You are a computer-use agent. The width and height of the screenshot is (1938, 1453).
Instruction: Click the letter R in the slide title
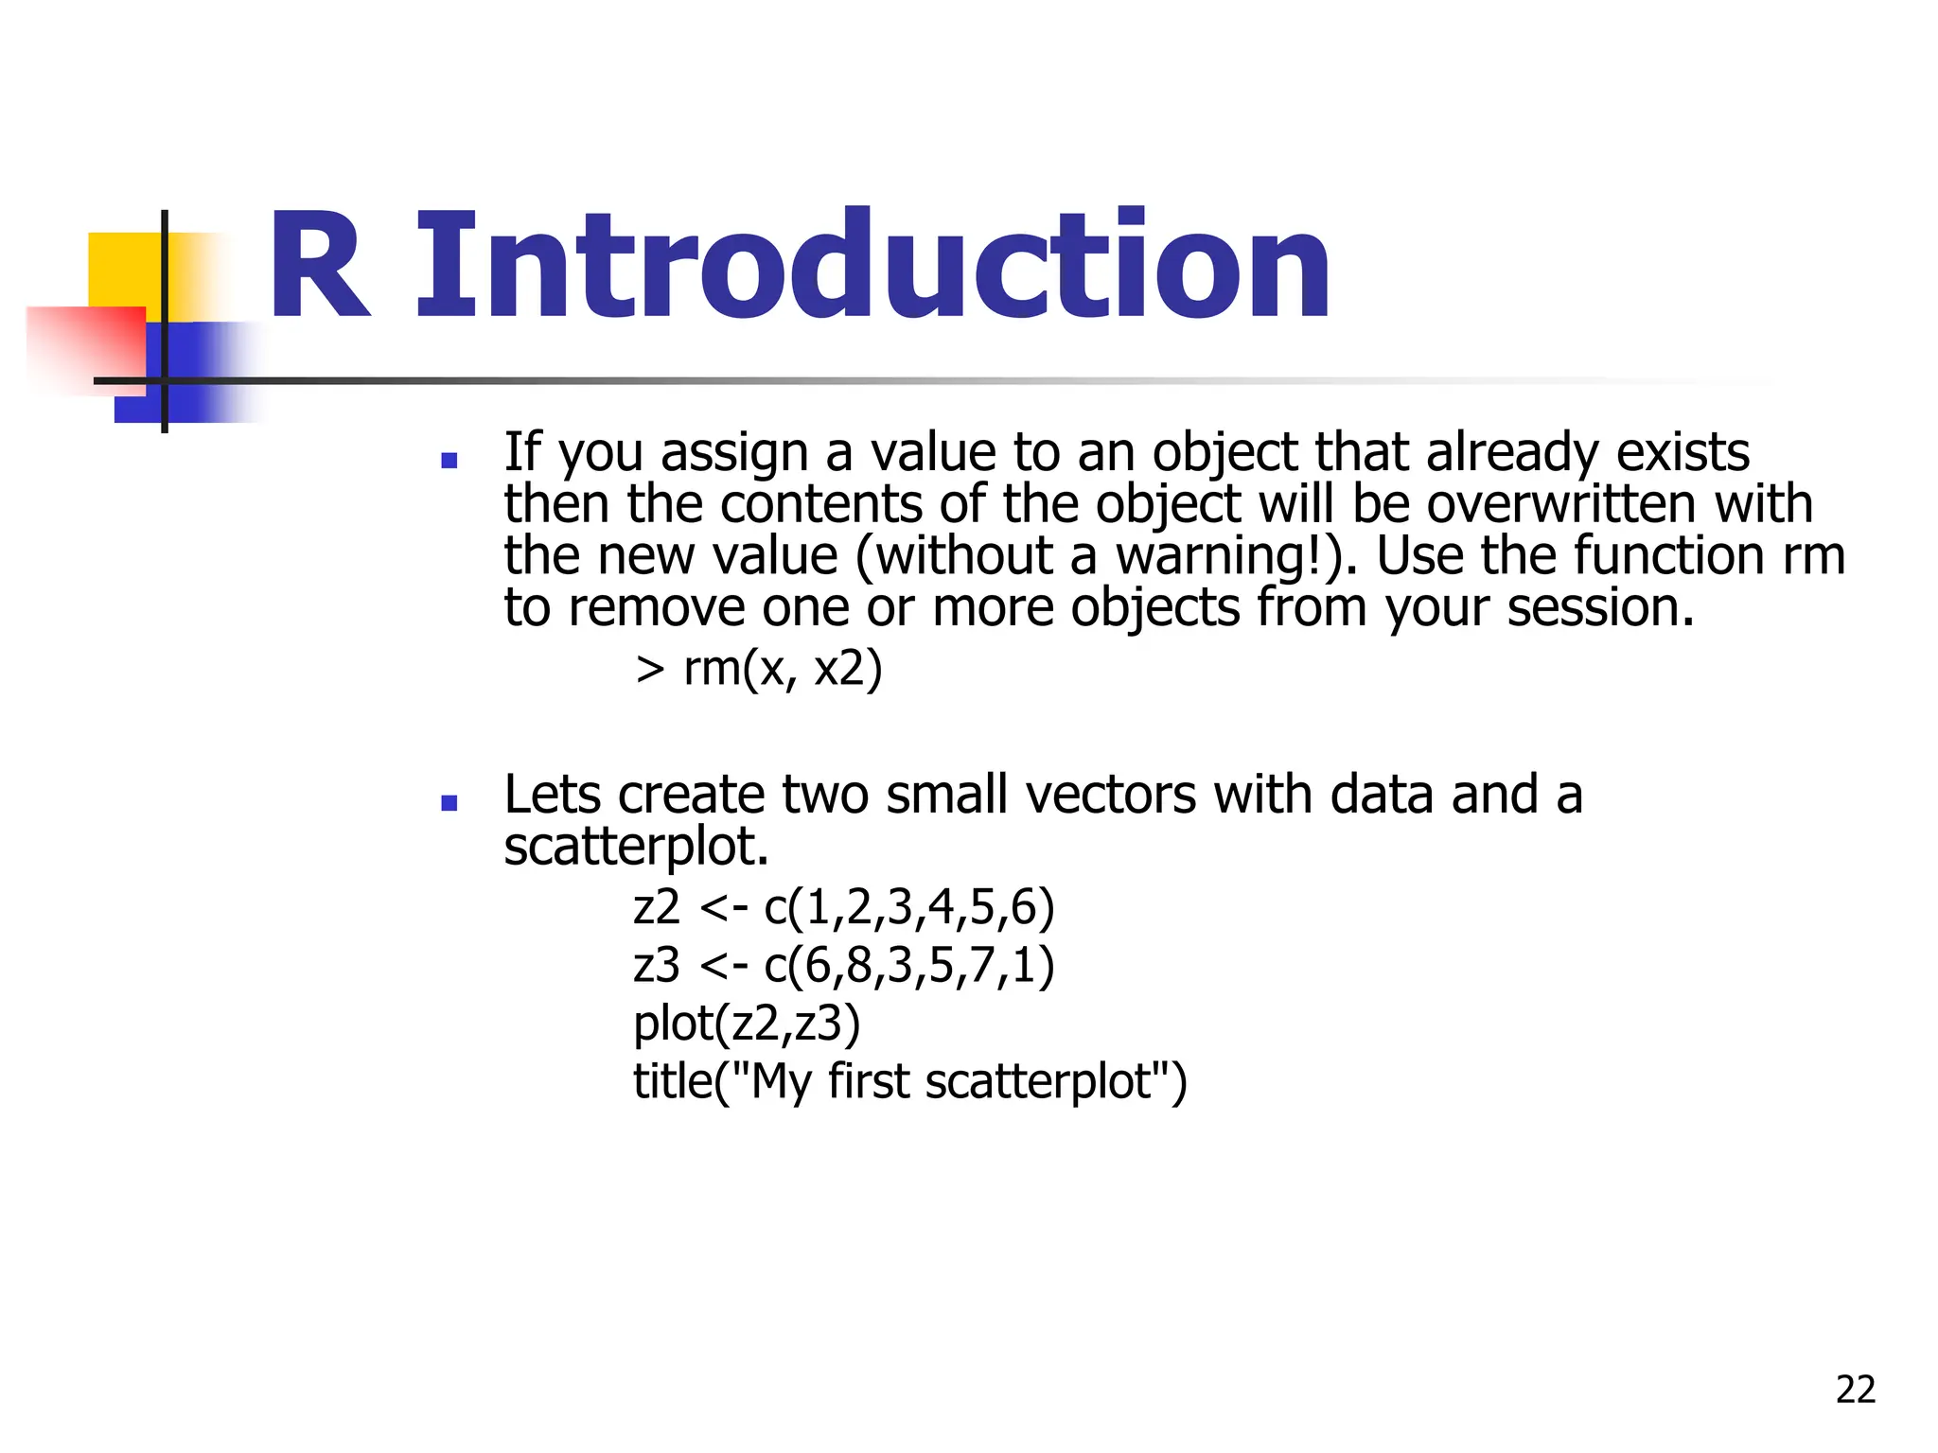point(320,267)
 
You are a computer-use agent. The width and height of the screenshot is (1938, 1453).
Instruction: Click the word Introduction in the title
point(872,267)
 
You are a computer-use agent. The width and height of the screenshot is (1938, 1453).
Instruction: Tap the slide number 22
point(1855,1390)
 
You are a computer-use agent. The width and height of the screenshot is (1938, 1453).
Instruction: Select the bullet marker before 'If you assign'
point(449,461)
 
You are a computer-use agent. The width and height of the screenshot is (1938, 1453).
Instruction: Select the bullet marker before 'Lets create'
point(449,803)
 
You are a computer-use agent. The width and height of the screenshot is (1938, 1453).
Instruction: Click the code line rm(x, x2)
point(759,669)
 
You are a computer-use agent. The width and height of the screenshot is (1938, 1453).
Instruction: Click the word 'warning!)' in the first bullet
point(1236,555)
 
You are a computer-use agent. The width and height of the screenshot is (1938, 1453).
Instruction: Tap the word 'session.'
point(1600,607)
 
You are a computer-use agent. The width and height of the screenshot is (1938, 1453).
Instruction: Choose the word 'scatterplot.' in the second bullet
point(636,846)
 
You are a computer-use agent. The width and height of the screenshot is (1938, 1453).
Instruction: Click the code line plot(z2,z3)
point(747,1023)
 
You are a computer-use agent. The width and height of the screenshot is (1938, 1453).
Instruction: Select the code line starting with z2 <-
point(843,907)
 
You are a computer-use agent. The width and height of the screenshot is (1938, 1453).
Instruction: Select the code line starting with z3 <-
point(843,965)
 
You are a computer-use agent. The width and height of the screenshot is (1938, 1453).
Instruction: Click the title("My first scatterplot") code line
point(909,1081)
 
